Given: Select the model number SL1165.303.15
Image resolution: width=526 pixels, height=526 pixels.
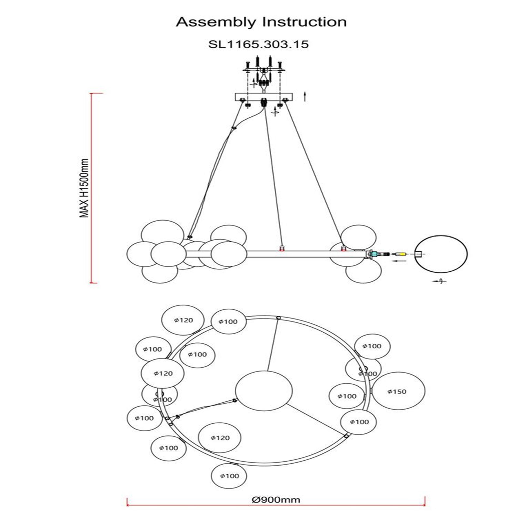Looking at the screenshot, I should (x=258, y=44).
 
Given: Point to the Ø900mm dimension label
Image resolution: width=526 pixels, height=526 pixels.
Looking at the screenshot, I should (x=276, y=500).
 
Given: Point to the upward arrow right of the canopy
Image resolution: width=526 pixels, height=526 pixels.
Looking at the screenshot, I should (x=305, y=96).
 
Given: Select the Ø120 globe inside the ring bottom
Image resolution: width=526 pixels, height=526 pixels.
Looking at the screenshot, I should (x=220, y=438).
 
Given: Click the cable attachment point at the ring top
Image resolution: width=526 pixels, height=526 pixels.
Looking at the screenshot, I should (x=278, y=318).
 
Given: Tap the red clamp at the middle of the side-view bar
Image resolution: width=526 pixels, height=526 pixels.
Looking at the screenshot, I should (x=282, y=248).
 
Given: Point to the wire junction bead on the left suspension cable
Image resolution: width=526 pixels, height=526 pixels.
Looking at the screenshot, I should (x=233, y=127).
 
